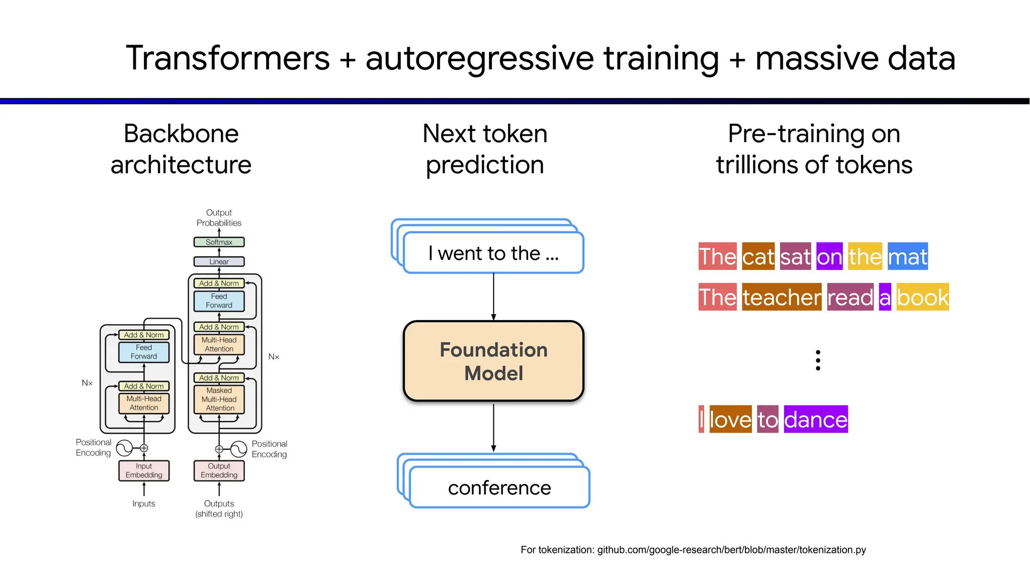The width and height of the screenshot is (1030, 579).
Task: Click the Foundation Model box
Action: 493,361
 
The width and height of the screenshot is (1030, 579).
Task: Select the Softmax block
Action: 219,242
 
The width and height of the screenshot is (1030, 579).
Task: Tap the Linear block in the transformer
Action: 219,262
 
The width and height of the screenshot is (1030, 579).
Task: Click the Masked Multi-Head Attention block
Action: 219,399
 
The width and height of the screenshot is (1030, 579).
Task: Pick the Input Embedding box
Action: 144,470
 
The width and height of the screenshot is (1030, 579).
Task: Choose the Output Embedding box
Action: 219,470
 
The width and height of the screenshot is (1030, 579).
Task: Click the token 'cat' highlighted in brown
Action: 758,257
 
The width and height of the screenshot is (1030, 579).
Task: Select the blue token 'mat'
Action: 907,257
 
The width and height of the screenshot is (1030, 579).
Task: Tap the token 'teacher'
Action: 782,298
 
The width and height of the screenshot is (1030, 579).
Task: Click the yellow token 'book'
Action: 922,298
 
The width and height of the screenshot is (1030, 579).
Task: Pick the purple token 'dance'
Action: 815,420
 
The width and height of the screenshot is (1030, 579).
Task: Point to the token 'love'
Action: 730,420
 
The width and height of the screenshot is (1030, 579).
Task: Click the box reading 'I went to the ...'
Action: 493,253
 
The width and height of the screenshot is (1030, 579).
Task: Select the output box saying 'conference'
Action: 499,488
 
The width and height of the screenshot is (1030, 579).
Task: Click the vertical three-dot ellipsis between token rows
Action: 818,360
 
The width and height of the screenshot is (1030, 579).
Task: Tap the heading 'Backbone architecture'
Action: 181,149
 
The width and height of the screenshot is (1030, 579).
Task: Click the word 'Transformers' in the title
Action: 228,58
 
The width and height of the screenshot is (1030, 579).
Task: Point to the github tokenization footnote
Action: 693,550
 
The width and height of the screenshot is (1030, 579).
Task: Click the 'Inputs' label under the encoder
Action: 144,504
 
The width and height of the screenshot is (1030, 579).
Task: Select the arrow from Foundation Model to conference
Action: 493,427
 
